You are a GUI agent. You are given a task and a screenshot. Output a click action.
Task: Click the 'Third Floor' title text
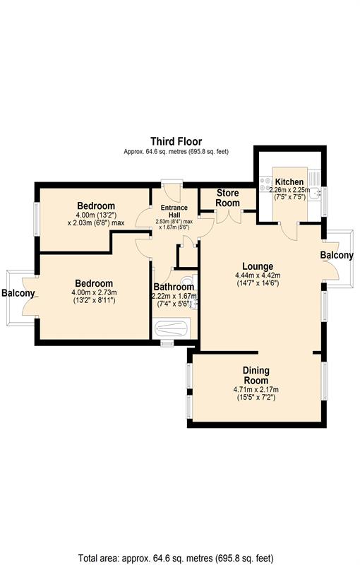point(176,142)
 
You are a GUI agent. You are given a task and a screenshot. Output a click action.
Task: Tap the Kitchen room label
point(289,182)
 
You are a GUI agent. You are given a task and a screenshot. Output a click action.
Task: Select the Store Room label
point(227,198)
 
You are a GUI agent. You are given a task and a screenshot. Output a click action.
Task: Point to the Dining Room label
point(256,375)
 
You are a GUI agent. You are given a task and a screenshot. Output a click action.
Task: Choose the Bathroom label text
point(174,287)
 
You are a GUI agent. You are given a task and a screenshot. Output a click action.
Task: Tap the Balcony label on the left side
point(18,293)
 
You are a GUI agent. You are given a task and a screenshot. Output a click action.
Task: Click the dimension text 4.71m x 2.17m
point(256,389)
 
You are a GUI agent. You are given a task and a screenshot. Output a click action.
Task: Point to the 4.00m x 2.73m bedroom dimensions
point(93,292)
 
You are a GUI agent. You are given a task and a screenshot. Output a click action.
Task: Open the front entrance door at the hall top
point(172,188)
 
